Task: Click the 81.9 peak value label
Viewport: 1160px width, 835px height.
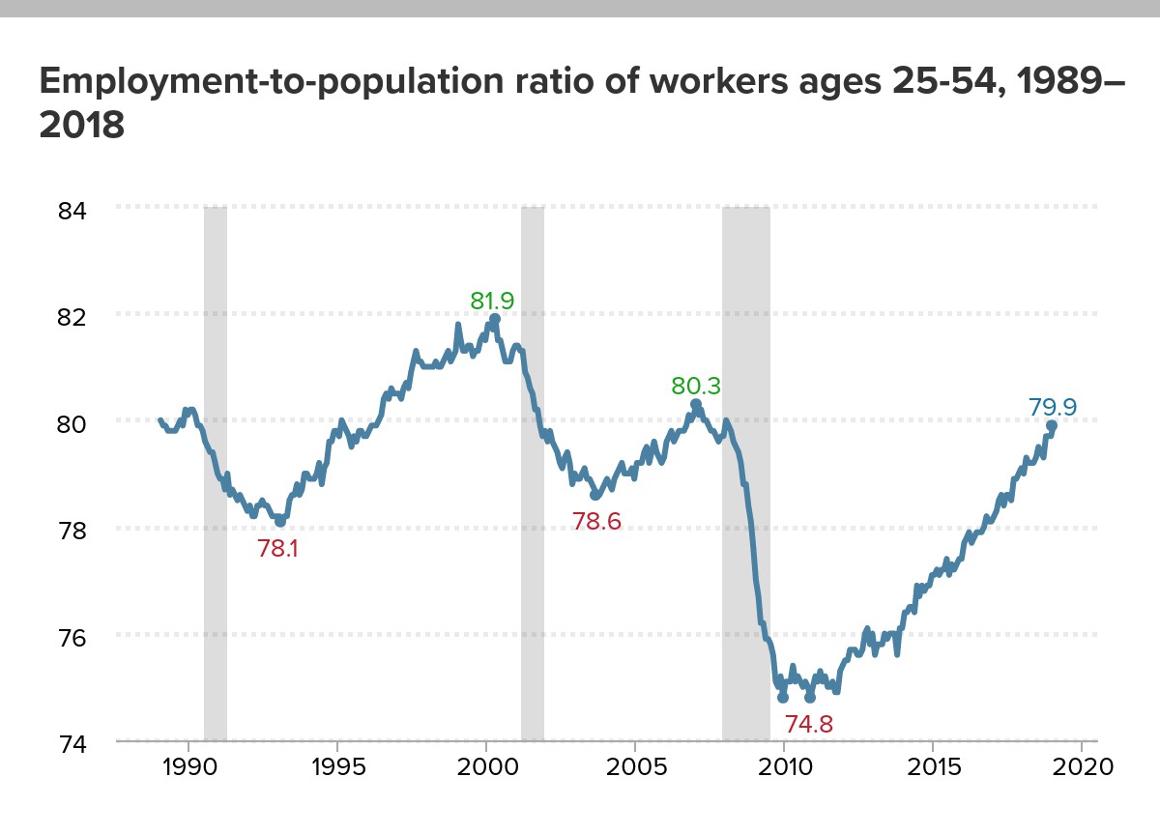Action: [x=492, y=301]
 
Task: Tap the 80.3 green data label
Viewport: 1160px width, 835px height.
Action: [x=696, y=386]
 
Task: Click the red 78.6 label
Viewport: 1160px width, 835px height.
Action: [x=596, y=522]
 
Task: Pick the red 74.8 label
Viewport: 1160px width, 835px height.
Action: [x=808, y=724]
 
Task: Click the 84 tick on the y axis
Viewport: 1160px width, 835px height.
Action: [x=67, y=209]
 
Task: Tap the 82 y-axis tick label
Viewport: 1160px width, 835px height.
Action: [x=67, y=316]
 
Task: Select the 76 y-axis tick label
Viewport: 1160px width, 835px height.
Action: [x=67, y=637]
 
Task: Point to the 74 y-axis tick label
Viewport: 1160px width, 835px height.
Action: [x=67, y=744]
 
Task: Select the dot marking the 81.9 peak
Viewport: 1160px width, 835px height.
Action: [x=495, y=319]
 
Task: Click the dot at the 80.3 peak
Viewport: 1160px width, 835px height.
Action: [x=696, y=404]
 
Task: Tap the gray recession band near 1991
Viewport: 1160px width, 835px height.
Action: [x=216, y=474]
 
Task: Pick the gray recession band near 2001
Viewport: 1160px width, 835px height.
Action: [x=533, y=474]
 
